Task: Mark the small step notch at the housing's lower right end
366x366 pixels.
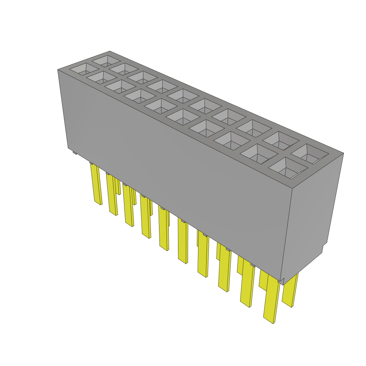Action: [x=325, y=247]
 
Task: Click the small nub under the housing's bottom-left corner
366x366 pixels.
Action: [x=75, y=153]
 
